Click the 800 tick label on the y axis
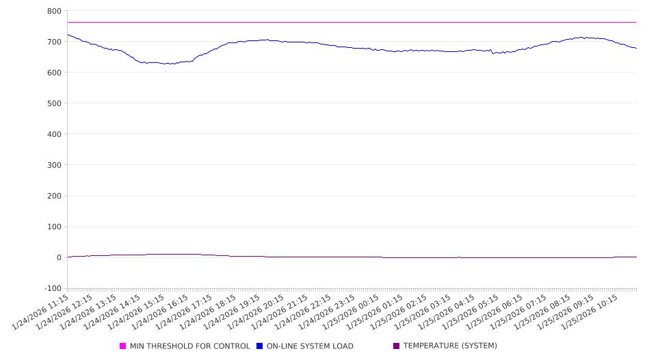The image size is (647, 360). [54, 11]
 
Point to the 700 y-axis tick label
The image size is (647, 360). [54, 42]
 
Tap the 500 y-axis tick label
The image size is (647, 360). [54, 103]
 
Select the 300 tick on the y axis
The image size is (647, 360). [54, 165]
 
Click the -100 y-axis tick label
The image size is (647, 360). [52, 288]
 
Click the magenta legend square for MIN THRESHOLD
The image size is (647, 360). [123, 346]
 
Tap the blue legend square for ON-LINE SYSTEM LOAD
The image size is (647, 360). [260, 346]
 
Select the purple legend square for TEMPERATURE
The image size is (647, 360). [397, 346]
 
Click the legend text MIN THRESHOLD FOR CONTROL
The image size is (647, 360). [189, 346]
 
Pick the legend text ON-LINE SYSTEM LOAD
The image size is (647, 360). [310, 346]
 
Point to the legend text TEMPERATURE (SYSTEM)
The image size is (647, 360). [450, 346]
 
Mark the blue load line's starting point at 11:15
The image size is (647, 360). [68, 34]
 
